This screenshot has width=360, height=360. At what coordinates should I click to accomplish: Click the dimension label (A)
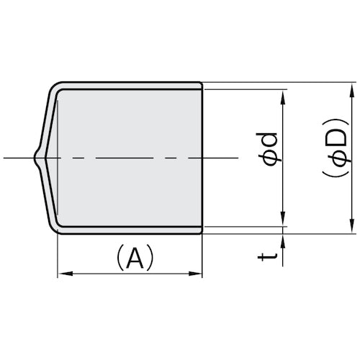coord(130,258)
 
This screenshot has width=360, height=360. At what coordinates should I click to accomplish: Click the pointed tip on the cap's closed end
coord(34,158)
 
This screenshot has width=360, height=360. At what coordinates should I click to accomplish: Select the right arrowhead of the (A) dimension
coord(197,274)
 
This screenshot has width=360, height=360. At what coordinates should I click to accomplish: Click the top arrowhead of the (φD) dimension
coord(353,88)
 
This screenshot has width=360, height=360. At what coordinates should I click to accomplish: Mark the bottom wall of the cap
coord(130,230)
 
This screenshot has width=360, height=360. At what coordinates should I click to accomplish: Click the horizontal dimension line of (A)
coord(130,274)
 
